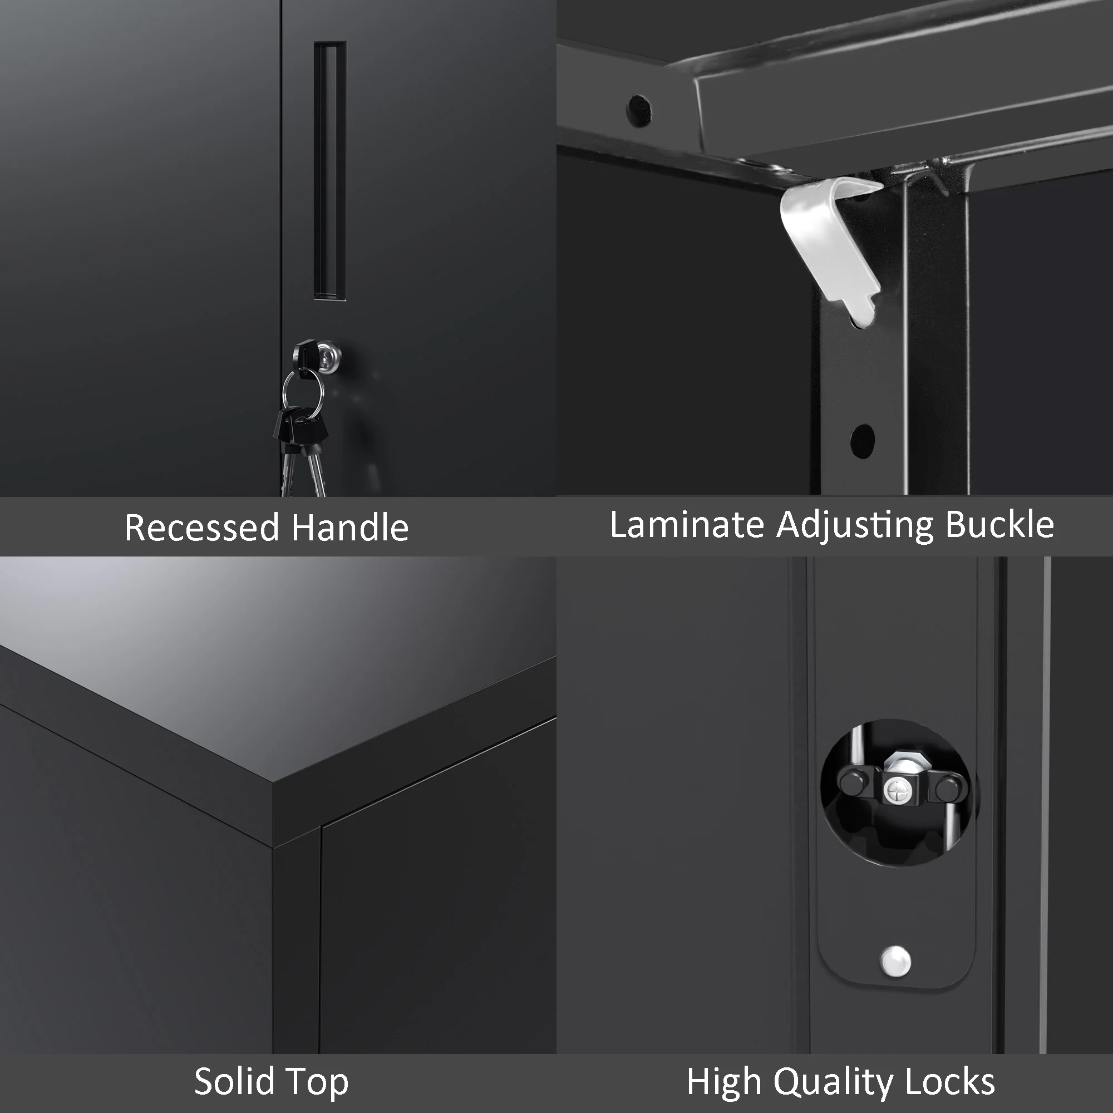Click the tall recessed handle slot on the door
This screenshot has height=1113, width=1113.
330,170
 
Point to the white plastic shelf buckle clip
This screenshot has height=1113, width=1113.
830,242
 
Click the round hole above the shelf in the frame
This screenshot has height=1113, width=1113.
638,110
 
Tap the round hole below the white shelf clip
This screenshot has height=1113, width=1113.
862,441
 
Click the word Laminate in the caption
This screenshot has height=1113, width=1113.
687,524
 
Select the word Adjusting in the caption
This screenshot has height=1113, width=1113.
855,525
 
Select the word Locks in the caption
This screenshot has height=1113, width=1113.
950,1081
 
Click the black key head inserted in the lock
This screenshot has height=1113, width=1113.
304,353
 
